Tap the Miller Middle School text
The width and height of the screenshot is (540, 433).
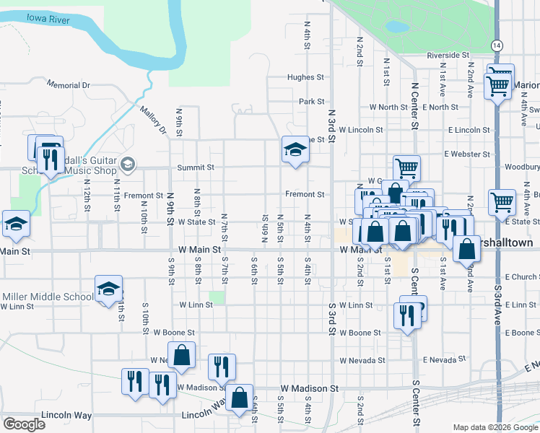point(48,297)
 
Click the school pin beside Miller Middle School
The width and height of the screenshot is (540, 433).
point(108,290)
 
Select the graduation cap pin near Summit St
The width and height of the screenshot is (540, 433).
point(295,150)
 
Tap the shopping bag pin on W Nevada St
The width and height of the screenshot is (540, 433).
point(182,355)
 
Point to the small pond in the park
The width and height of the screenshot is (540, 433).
point(396,27)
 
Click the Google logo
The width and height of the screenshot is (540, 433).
point(25,424)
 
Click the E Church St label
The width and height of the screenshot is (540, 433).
point(521,277)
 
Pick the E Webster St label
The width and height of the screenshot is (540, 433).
point(467,154)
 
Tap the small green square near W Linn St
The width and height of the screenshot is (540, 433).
point(217,297)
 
